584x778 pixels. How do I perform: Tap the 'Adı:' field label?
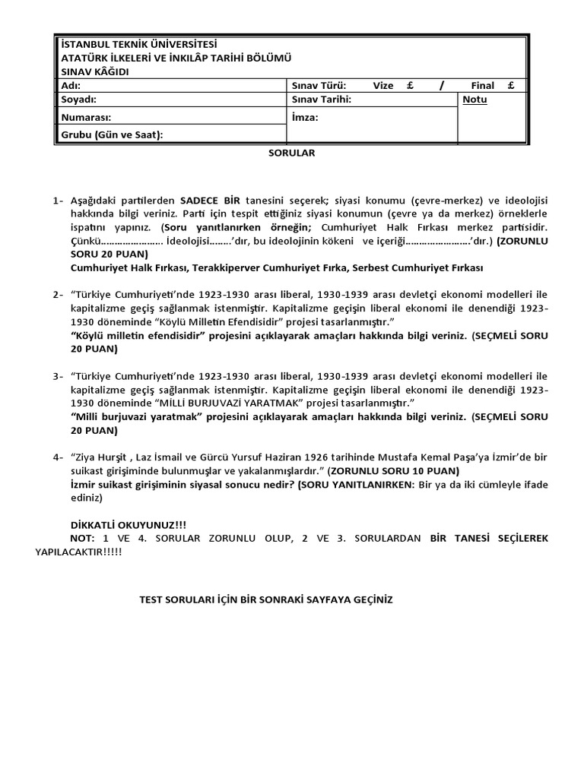tap(70, 86)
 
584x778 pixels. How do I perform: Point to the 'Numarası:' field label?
tap(86, 118)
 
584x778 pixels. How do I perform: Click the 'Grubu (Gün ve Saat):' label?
tap(112, 135)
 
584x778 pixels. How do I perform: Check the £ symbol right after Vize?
tap(409, 86)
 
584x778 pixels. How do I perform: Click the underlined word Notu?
tap(474, 100)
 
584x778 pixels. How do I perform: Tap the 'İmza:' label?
tap(305, 118)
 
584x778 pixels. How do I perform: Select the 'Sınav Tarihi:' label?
tap(322, 100)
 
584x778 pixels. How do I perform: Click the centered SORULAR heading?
tap(291, 153)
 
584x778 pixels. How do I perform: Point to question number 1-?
tap(59, 201)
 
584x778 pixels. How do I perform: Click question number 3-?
tap(59, 377)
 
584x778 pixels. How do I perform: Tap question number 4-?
tap(59, 457)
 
